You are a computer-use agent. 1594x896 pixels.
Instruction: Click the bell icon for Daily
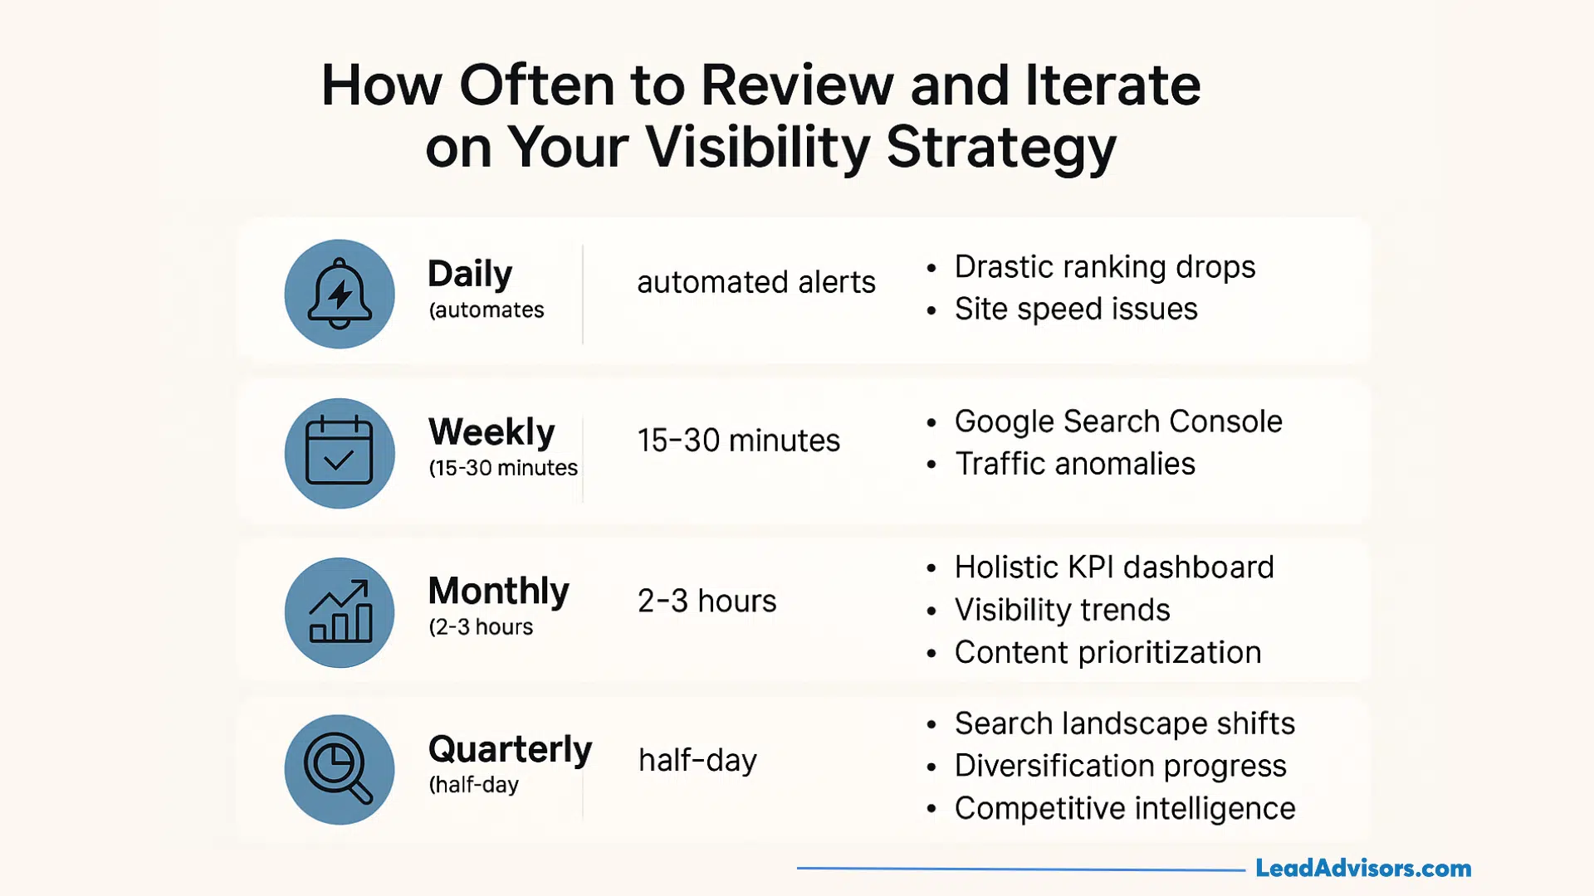click(340, 295)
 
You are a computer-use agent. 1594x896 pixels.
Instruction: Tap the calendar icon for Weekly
click(340, 453)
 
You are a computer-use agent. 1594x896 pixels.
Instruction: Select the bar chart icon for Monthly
click(340, 612)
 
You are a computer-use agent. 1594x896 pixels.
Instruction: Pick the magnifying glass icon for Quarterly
click(340, 770)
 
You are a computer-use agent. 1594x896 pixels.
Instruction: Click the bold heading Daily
click(470, 275)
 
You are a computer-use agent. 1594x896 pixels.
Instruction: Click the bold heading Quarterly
click(510, 749)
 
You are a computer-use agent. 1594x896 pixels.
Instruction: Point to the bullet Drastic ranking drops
click(1104, 267)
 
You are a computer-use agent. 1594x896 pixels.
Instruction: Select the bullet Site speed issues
click(1076, 309)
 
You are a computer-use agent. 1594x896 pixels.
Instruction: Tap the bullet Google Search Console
click(1117, 421)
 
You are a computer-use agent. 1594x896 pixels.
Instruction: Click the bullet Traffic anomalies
click(1075, 464)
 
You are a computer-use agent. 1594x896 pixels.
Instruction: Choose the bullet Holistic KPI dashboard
click(1113, 567)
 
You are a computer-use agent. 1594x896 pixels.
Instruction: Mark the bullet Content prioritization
click(1107, 653)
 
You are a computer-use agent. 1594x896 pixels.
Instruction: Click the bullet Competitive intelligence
click(1124, 808)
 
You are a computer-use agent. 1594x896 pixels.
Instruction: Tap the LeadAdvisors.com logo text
click(1363, 869)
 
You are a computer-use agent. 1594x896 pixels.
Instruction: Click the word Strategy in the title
click(1001, 148)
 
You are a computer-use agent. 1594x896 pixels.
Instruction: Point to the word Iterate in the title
click(1112, 85)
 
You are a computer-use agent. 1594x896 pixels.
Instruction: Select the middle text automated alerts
click(755, 283)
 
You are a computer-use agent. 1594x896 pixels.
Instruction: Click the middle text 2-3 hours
click(707, 601)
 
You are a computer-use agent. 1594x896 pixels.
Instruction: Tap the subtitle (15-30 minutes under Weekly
click(503, 469)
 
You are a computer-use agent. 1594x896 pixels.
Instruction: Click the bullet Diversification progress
click(1120, 766)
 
